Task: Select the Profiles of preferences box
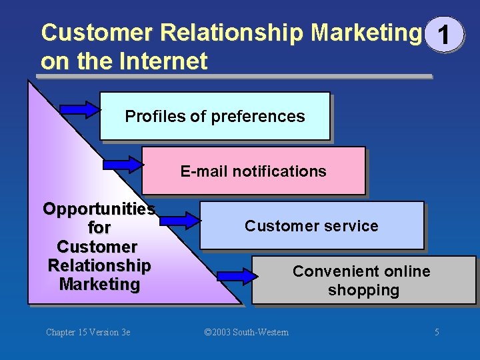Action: pyautogui.click(x=215, y=116)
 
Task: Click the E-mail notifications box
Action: pyautogui.click(x=253, y=171)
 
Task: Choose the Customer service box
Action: pyautogui.click(x=311, y=225)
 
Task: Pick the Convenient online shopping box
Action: pyautogui.click(x=363, y=280)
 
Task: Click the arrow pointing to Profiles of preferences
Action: pyautogui.click(x=79, y=109)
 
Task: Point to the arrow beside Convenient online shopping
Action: pyautogui.click(x=237, y=273)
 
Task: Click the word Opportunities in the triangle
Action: pyautogui.click(x=99, y=209)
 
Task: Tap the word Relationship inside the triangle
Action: pyautogui.click(x=99, y=265)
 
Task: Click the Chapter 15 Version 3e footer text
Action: pyautogui.click(x=88, y=332)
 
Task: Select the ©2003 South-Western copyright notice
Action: pyautogui.click(x=246, y=332)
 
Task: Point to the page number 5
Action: pyautogui.click(x=437, y=332)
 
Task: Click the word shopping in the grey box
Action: pyautogui.click(x=363, y=290)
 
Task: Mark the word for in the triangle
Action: pyautogui.click(x=99, y=227)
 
